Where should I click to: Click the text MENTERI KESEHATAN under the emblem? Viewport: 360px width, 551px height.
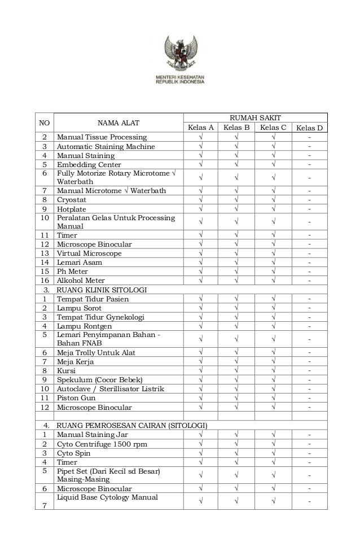(x=180, y=76)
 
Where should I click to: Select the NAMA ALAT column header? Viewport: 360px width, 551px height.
(x=117, y=123)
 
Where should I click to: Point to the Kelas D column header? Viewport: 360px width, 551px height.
(x=309, y=128)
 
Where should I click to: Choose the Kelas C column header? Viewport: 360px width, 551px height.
(x=273, y=128)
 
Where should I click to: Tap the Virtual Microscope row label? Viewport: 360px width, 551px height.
(x=89, y=253)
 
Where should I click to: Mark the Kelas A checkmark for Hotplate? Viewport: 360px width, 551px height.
(x=200, y=209)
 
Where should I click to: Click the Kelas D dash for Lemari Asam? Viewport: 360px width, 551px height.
(x=309, y=263)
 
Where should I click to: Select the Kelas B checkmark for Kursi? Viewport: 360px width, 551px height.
(x=236, y=371)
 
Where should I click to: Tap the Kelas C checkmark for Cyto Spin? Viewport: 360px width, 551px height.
(x=273, y=453)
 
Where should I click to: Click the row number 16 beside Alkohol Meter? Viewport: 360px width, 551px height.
(x=44, y=281)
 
